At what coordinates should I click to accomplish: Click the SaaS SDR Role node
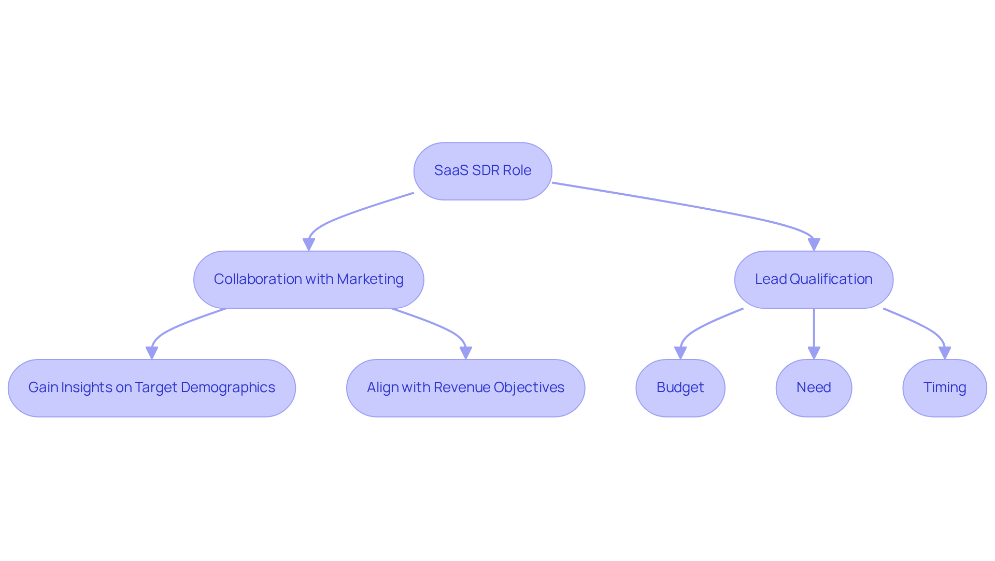[x=482, y=171]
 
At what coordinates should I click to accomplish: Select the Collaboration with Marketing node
[x=308, y=280]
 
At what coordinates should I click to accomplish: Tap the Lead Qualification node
[x=813, y=280]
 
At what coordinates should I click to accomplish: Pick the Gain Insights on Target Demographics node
[x=151, y=388]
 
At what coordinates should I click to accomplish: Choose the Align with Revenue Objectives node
[x=465, y=388]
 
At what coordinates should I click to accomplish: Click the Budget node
[x=680, y=388]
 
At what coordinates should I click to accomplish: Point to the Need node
[x=813, y=388]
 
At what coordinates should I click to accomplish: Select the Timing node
[x=944, y=388]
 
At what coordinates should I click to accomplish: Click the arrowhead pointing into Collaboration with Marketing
[x=309, y=244]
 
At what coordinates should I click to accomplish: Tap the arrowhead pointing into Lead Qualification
[x=814, y=244]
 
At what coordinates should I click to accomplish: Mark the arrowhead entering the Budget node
[x=680, y=353]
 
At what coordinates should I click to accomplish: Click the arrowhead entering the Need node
[x=814, y=353]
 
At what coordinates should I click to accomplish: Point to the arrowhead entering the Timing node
[x=945, y=353]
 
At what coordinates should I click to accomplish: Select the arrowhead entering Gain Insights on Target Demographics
[x=152, y=353]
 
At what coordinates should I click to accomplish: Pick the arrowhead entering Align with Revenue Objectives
[x=466, y=353]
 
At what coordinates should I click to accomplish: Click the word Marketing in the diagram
[x=370, y=279]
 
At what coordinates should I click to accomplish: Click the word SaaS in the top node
[x=451, y=170]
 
